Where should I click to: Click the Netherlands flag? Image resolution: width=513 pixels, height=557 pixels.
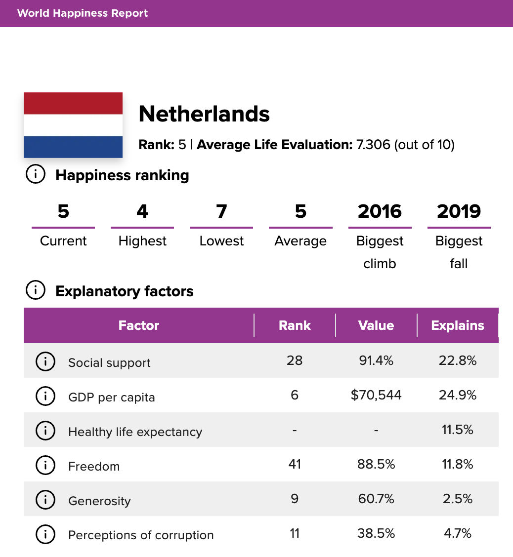73,125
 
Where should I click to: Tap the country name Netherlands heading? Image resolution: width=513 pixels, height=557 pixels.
204,114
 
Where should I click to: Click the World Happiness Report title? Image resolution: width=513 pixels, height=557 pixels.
83,13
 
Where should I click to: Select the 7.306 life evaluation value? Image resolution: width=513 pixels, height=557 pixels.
373,145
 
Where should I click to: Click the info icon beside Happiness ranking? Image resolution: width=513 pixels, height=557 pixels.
35,175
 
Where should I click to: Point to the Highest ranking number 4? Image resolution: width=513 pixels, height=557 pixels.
142,211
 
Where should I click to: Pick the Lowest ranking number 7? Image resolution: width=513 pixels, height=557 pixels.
221,211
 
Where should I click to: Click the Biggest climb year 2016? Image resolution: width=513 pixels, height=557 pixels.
380,211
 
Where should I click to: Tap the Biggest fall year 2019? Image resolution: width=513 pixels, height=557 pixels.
459,211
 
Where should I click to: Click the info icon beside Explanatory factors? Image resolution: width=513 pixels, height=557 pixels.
35,291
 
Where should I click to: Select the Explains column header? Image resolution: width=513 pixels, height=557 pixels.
458,325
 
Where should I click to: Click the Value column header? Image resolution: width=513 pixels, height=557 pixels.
376,325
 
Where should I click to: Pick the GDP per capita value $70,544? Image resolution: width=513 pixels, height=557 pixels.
376,395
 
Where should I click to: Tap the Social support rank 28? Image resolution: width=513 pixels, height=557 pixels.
295,360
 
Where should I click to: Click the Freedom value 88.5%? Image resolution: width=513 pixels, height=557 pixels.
376,464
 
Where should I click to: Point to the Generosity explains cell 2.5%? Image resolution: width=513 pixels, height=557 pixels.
458,499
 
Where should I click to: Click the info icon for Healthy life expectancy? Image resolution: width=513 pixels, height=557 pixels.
45,431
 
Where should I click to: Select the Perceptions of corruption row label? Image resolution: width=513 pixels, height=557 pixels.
141,535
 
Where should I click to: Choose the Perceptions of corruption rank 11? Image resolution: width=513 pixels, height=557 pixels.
295,533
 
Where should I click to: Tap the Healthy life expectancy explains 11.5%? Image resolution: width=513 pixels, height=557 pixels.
458,430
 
